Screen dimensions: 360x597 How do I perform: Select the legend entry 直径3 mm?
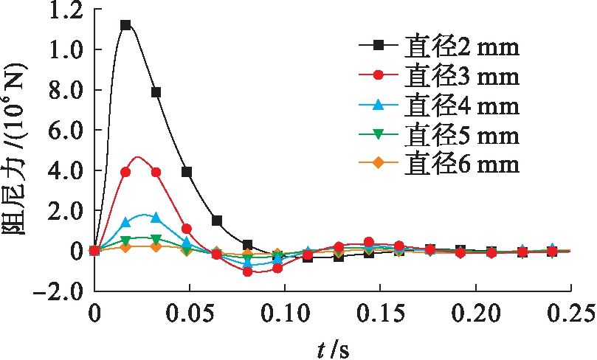(439, 76)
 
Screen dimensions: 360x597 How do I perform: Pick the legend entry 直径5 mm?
(439, 136)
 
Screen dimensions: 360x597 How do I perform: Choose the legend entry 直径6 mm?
(439, 163)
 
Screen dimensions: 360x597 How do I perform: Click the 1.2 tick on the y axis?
(61, 11)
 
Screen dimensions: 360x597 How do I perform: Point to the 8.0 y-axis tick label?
(61, 89)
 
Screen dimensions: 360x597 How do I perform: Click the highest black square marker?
(125, 25)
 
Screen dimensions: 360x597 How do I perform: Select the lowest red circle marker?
(248, 271)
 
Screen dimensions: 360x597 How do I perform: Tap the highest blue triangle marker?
(155, 218)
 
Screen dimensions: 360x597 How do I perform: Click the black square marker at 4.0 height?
(187, 172)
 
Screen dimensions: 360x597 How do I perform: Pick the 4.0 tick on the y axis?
(61, 170)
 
